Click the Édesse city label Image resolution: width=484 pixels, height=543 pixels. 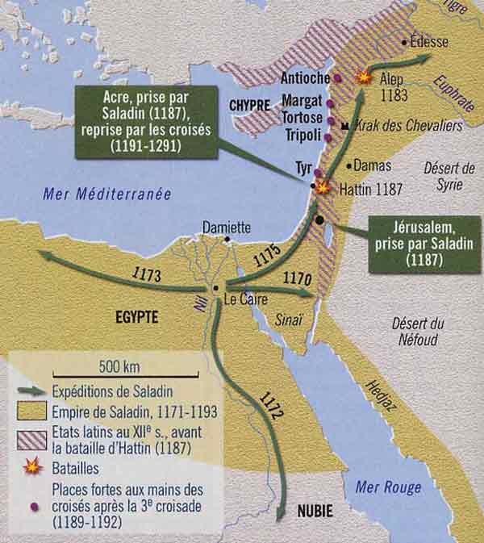pyautogui.click(x=429, y=41)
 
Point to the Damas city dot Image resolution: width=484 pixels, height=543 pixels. pyautogui.click(x=348, y=167)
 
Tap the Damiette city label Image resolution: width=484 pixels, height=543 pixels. pyautogui.click(x=227, y=227)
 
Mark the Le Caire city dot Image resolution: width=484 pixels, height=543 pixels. pyautogui.click(x=215, y=288)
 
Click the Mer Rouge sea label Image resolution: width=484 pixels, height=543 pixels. pyautogui.click(x=388, y=487)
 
